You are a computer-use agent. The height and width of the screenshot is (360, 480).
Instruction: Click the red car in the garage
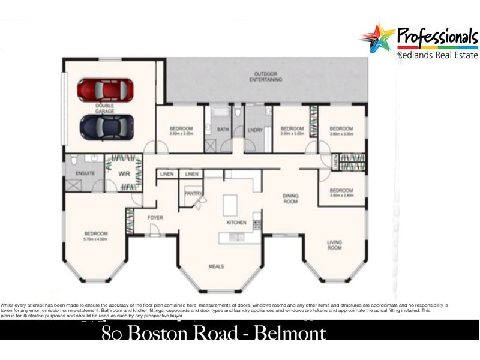[105, 90]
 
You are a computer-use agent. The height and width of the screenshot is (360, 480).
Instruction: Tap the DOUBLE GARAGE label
[104, 108]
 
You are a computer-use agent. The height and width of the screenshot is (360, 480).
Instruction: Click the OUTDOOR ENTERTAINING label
[267, 76]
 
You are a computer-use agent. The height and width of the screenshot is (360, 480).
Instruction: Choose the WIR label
[124, 173]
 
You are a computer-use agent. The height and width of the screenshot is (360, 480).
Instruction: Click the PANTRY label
[194, 193]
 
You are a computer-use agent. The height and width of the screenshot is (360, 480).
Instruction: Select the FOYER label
[155, 217]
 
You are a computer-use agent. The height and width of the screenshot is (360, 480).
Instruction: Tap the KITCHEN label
[236, 223]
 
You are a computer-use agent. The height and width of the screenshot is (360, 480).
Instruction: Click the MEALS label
[217, 266]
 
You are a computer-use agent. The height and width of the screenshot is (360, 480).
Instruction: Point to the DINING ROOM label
[291, 199]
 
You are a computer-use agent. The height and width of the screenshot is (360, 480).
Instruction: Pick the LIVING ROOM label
[334, 245]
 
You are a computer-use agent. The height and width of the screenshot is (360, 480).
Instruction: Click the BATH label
[223, 129]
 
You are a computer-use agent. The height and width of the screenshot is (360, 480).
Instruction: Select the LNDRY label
[255, 129]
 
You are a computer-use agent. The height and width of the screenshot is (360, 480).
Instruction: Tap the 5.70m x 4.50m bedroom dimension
[96, 239]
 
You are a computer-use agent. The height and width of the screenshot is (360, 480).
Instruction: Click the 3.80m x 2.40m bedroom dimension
[341, 196]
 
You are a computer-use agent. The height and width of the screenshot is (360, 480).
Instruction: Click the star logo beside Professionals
[377, 37]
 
